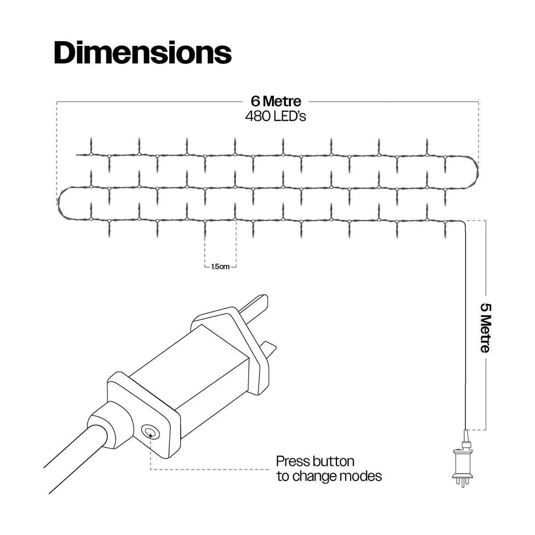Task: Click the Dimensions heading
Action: click(143, 53)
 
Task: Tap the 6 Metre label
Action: click(276, 101)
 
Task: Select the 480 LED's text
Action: click(276, 116)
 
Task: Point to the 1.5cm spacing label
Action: click(220, 267)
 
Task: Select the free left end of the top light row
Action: click(77, 155)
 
